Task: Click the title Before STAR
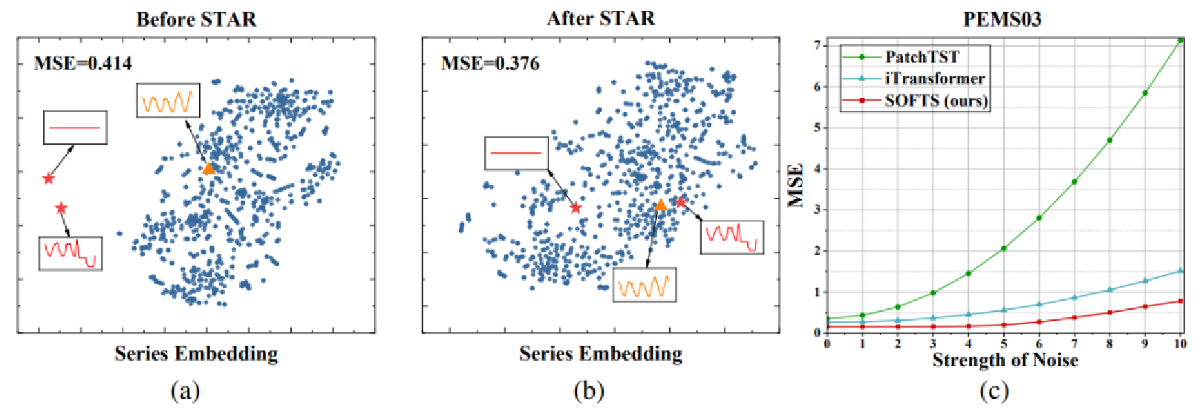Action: click(196, 19)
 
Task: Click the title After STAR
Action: click(601, 19)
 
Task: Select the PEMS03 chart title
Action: click(1002, 19)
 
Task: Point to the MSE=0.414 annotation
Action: click(83, 64)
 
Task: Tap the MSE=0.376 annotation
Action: click(490, 64)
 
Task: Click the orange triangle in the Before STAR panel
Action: click(209, 169)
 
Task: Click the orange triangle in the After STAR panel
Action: click(660, 204)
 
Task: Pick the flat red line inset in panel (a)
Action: click(75, 128)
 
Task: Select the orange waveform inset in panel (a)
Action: click(168, 100)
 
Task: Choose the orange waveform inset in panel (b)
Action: click(645, 285)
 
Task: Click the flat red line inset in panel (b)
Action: click(517, 153)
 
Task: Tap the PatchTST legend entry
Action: click(922, 57)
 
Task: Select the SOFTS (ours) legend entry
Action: click(936, 100)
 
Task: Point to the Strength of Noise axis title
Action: click(1005, 360)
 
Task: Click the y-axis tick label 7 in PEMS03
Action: click(818, 45)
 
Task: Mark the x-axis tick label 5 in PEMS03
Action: click(1004, 344)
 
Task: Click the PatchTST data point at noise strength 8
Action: click(1109, 140)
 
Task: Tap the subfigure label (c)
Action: click(994, 391)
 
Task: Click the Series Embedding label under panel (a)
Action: click(196, 354)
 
